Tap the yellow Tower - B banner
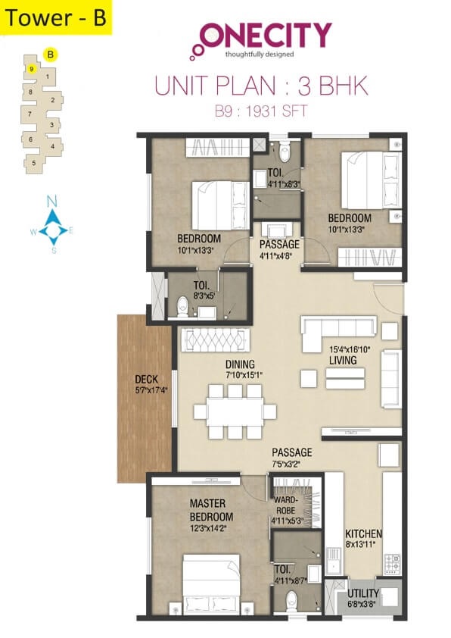(x=57, y=17)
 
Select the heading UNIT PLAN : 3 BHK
(x=262, y=85)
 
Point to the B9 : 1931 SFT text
(x=262, y=114)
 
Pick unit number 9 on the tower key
(x=31, y=68)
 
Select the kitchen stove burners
(x=393, y=563)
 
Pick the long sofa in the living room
(x=338, y=327)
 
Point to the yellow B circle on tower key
(x=50, y=55)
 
